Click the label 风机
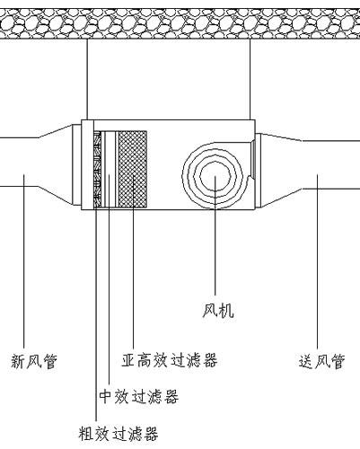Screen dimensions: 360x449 (218, 311)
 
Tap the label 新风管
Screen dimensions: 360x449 (34, 361)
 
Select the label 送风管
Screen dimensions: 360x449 (321, 361)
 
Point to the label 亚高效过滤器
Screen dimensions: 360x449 (170, 360)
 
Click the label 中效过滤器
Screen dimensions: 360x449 (139, 396)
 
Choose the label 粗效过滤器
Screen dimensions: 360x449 (119, 433)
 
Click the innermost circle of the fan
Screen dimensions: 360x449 (215, 176)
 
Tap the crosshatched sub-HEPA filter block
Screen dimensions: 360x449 (133, 169)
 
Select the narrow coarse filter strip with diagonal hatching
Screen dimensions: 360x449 (98, 170)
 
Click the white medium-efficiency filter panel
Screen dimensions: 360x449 (110, 170)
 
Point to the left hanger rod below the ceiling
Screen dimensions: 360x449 (87, 79)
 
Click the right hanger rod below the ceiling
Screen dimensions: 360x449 (250, 79)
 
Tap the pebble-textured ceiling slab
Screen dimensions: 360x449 (180, 23)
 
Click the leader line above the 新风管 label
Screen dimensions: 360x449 (23, 261)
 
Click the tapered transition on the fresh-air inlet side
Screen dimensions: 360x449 (56, 164)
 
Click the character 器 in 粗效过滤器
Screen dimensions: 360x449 (151, 433)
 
